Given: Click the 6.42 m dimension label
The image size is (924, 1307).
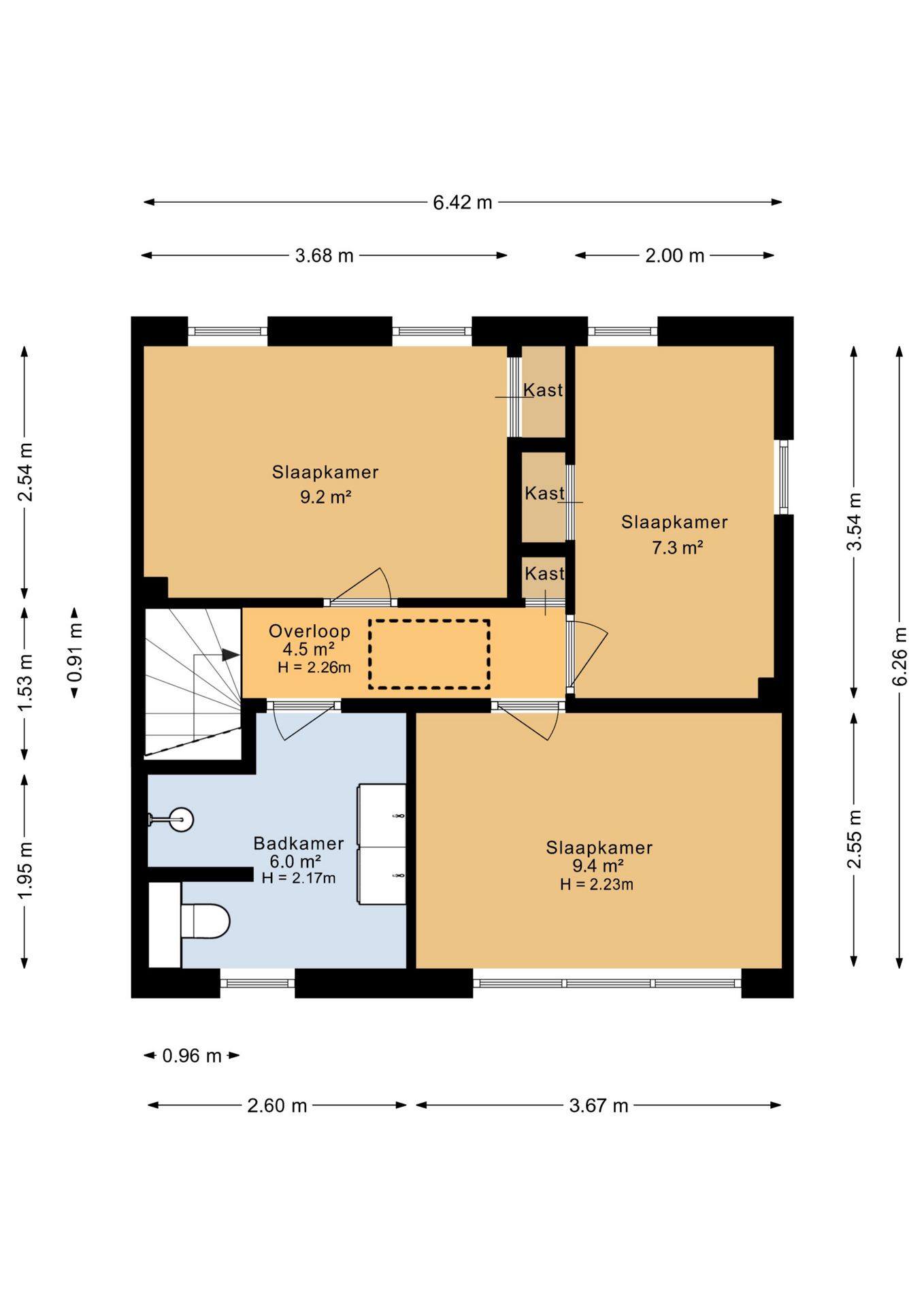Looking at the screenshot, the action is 463,202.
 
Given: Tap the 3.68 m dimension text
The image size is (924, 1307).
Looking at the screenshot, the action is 324,255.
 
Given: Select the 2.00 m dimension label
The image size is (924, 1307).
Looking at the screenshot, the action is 674,255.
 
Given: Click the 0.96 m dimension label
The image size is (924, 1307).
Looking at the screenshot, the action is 192,1056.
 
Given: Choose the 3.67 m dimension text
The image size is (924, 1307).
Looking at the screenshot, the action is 599,1106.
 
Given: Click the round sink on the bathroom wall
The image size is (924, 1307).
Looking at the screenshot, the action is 181,819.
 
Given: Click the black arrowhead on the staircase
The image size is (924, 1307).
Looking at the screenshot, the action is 231,655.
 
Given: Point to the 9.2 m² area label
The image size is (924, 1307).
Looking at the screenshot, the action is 325,497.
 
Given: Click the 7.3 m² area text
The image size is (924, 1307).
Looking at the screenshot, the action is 677,547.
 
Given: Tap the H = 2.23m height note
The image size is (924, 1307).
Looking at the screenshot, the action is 597,884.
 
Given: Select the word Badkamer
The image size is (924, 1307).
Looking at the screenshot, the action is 299,843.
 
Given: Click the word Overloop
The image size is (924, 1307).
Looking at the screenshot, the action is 310,631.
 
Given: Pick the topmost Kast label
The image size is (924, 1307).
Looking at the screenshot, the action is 543,390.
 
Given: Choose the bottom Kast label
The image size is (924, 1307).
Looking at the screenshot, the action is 544,573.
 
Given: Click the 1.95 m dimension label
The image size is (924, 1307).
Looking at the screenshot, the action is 25,869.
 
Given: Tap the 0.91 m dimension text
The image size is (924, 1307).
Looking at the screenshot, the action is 75,652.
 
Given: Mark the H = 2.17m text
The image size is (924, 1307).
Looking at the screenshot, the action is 299,878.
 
